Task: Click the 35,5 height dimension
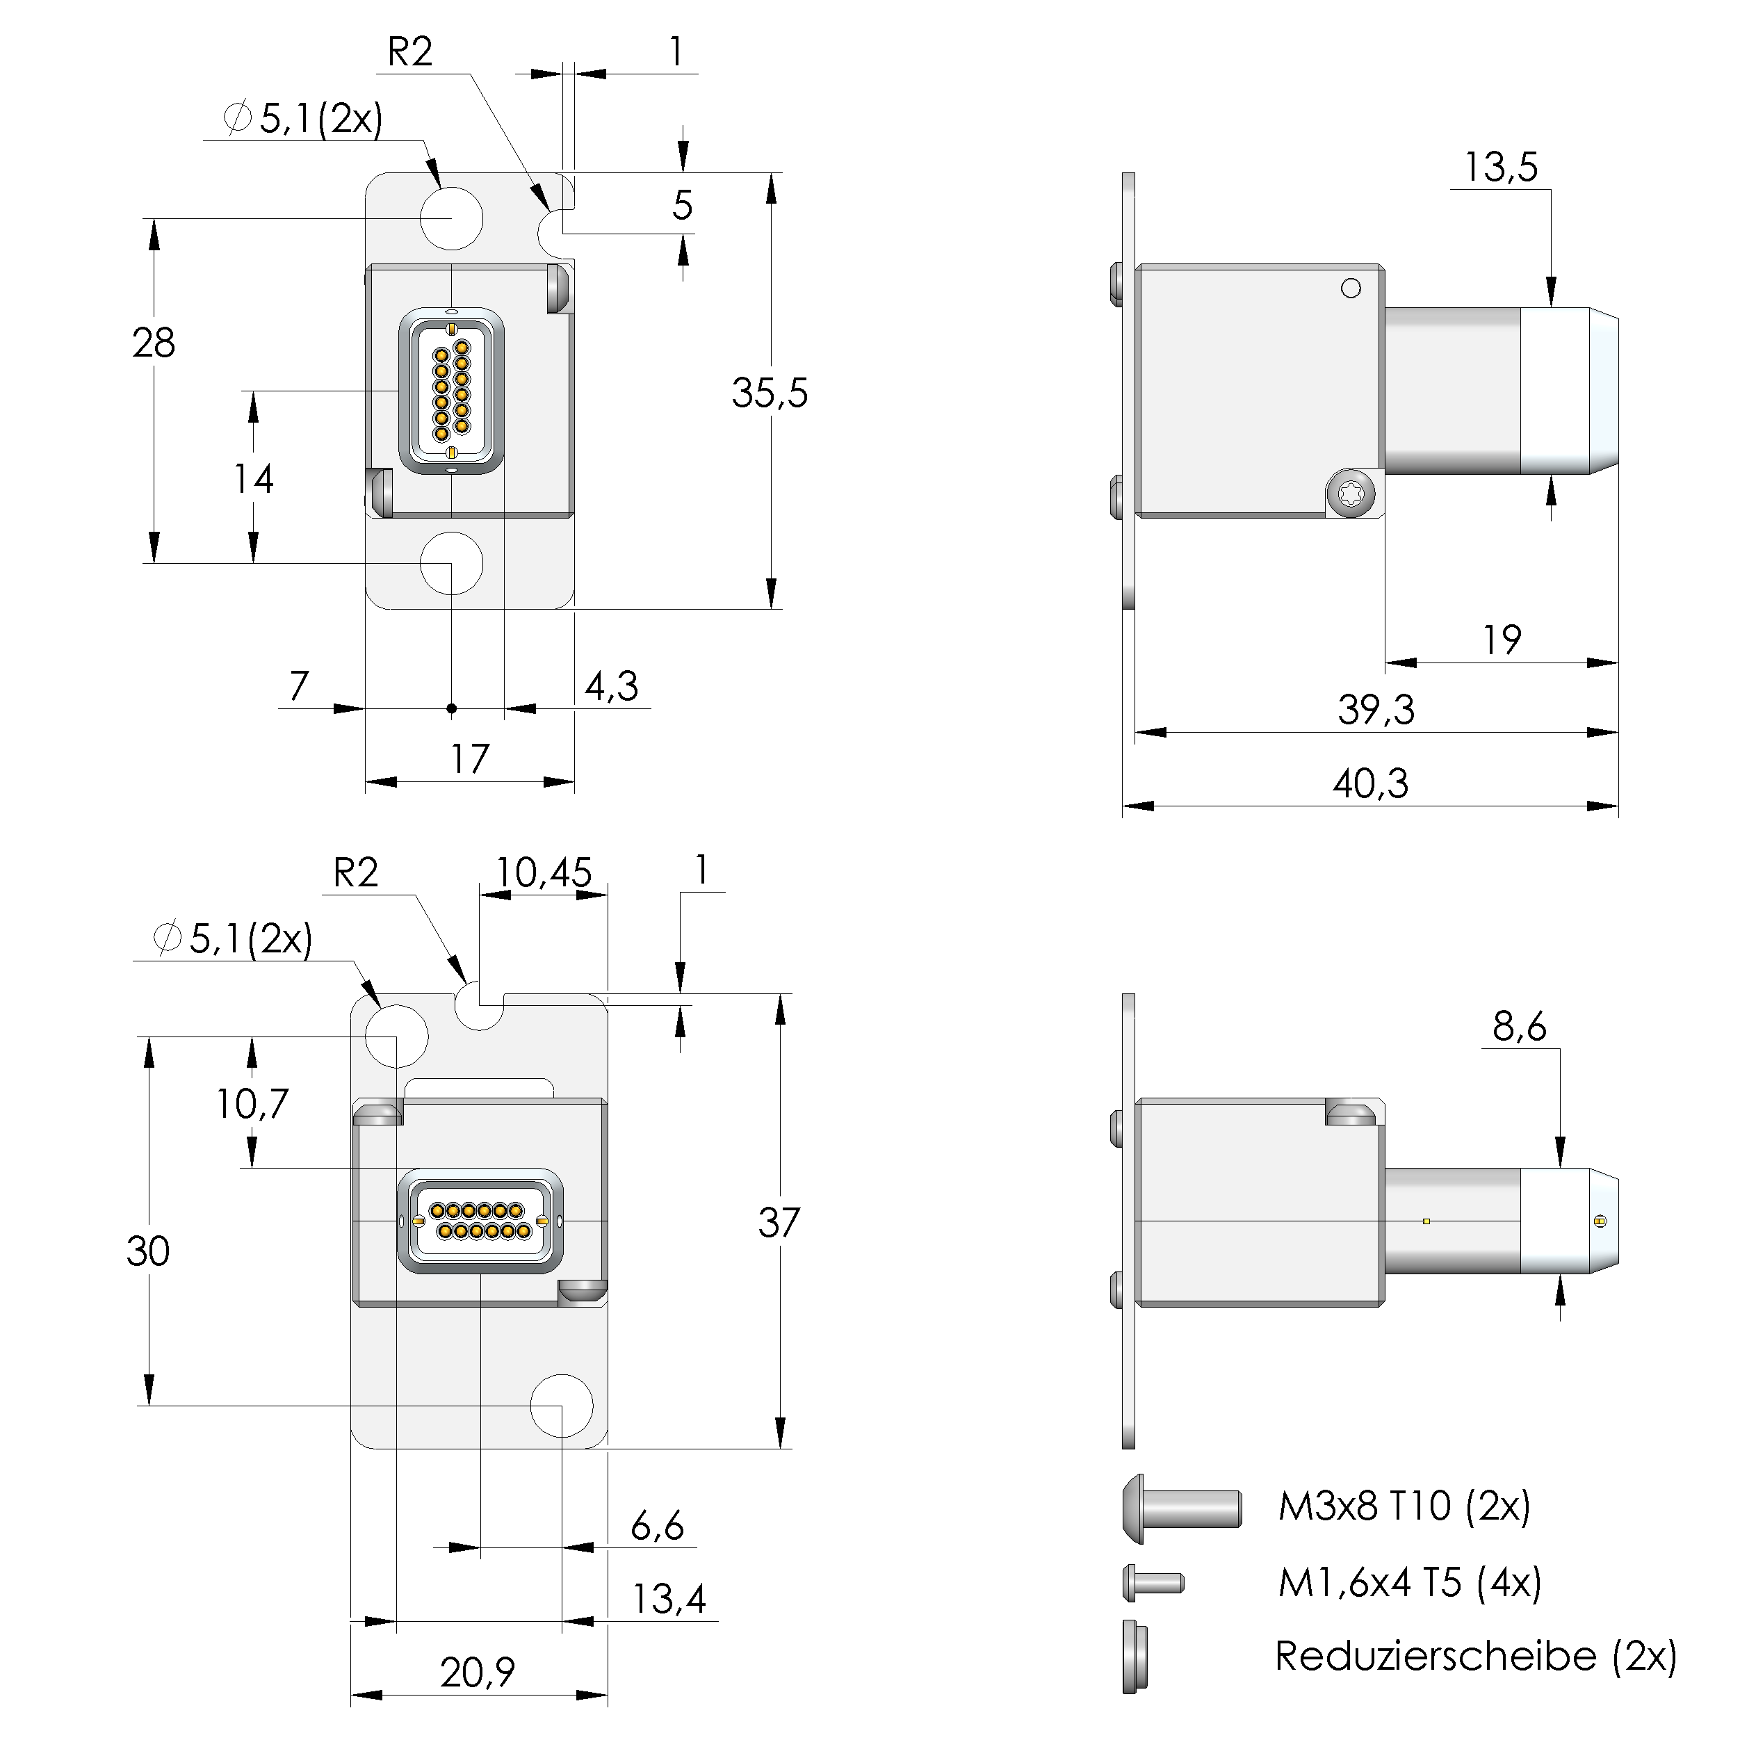[x=769, y=393]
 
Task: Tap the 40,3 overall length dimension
[x=1370, y=783]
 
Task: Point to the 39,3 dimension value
[x=1375, y=710]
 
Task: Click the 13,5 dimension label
[x=1500, y=168]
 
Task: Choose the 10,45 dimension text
[x=544, y=872]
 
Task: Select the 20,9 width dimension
[x=478, y=1673]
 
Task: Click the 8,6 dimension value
[x=1520, y=1027]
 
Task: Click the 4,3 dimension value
[x=612, y=686]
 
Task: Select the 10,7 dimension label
[x=252, y=1103]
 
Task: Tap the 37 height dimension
[x=778, y=1223]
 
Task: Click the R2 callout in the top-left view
[x=409, y=52]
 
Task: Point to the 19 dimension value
[x=1502, y=640]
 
